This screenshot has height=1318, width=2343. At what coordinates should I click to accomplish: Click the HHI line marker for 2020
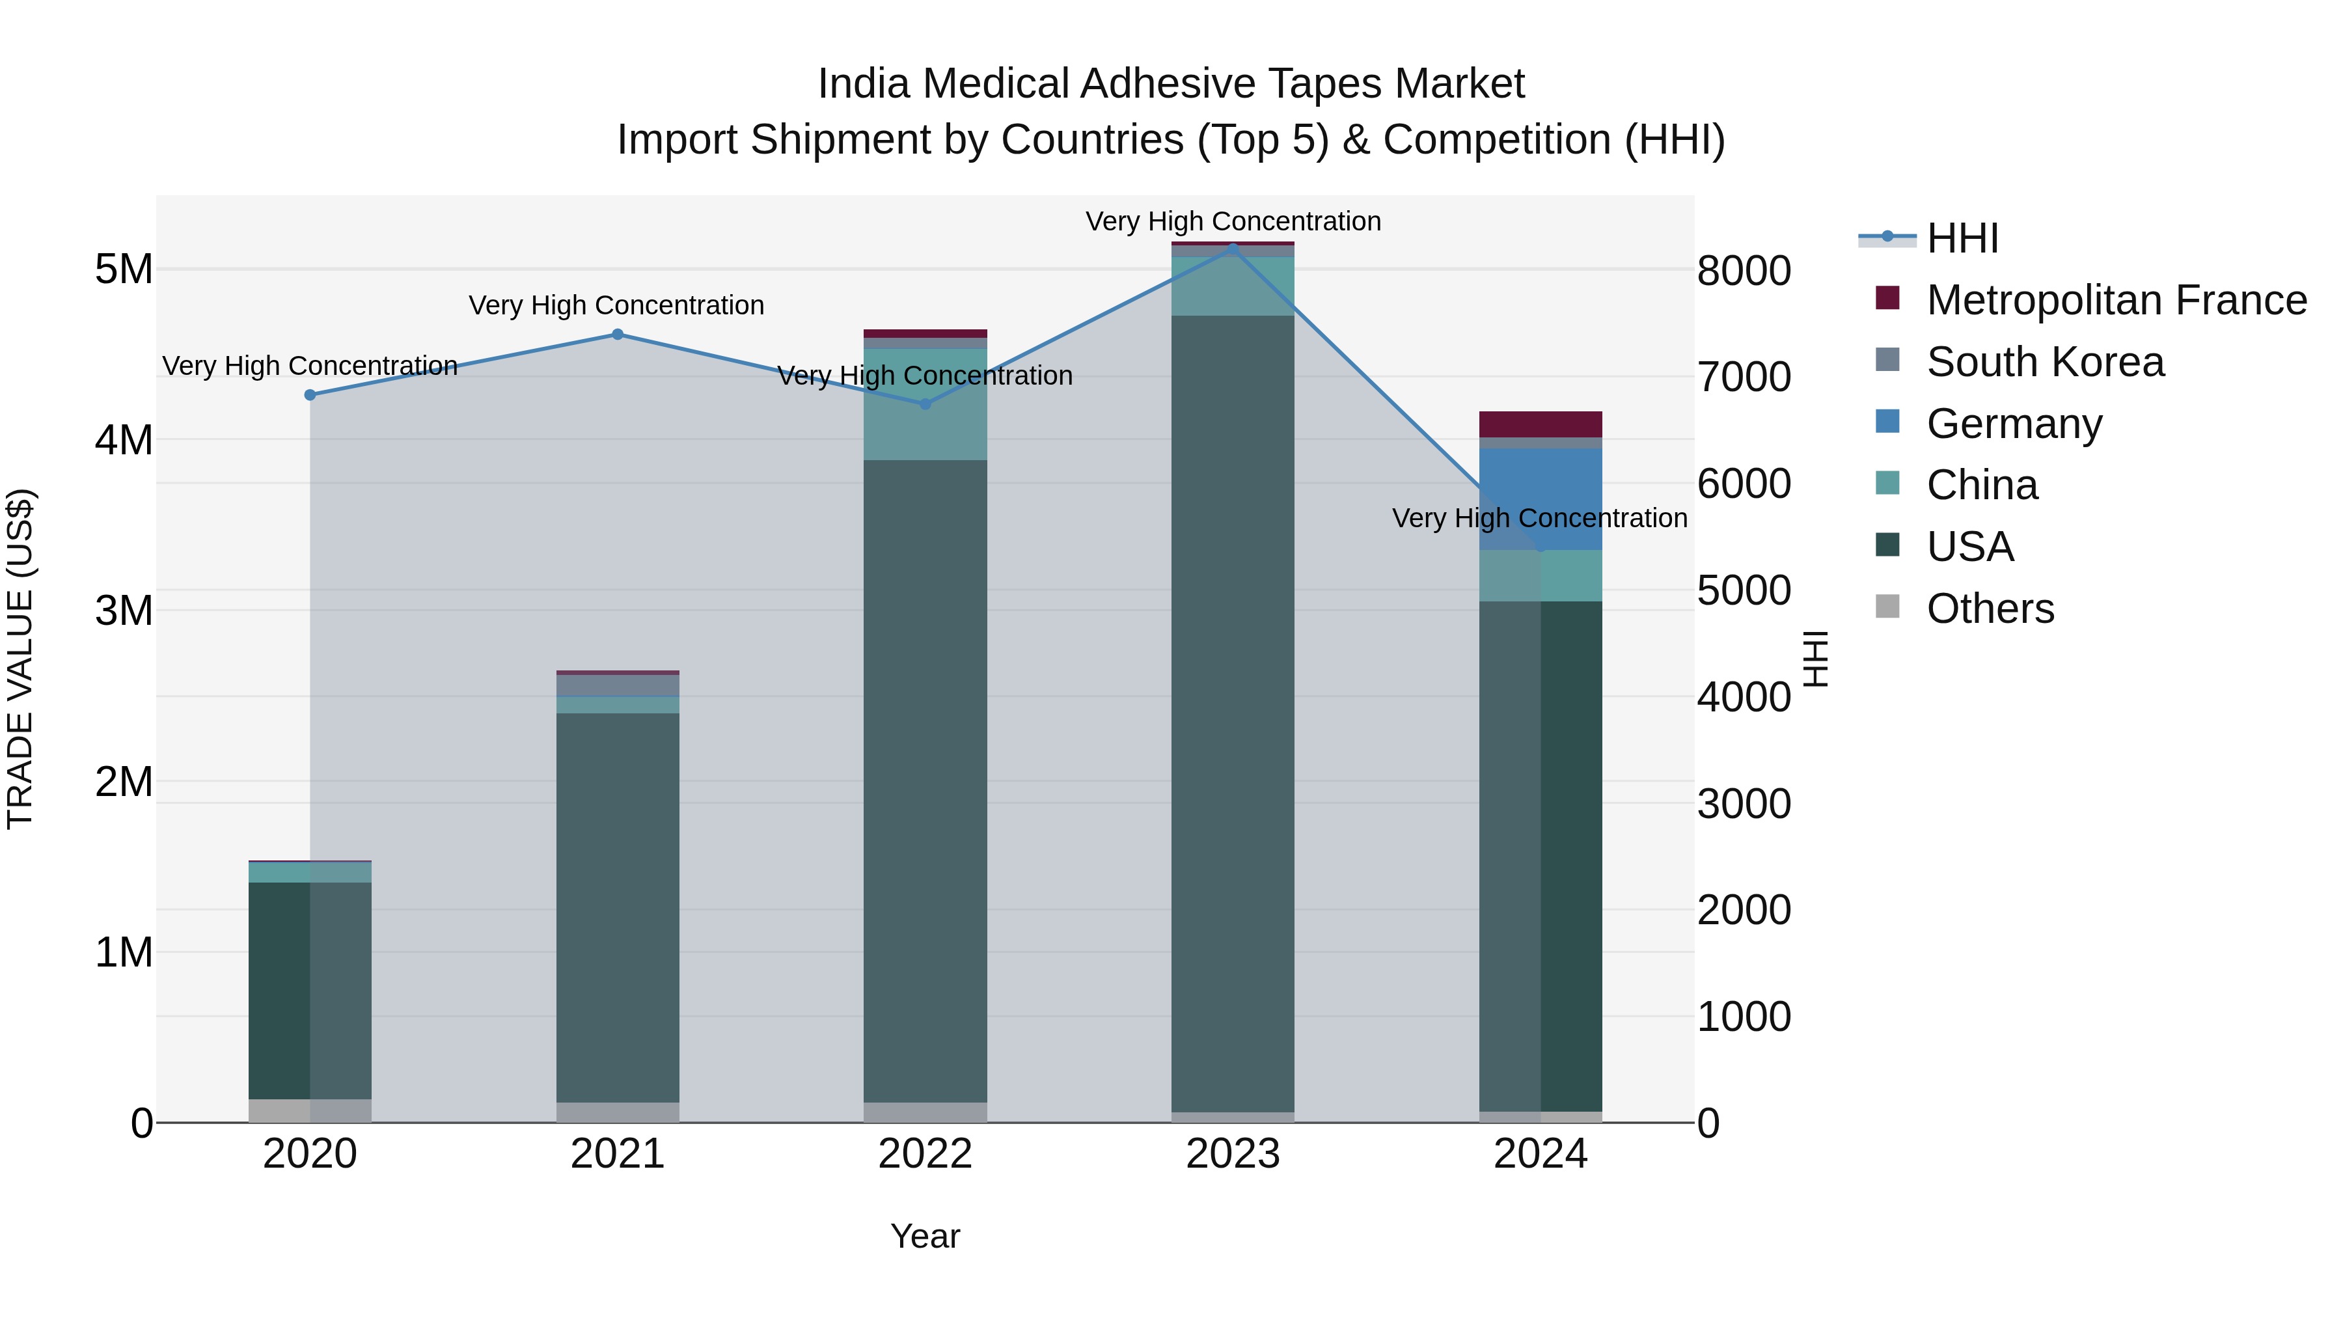(x=310, y=395)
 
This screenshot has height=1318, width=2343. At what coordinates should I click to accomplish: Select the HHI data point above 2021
(x=618, y=334)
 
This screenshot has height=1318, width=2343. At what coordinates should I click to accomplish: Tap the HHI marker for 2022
(x=926, y=404)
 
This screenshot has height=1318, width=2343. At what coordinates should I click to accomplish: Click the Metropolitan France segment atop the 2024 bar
(x=1541, y=424)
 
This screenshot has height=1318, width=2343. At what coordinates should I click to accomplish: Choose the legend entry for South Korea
(x=2045, y=362)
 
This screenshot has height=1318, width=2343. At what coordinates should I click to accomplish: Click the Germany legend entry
(x=2014, y=424)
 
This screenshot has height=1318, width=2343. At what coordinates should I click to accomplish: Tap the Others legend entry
(x=1990, y=609)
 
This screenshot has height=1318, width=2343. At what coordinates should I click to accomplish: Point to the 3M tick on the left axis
(x=124, y=611)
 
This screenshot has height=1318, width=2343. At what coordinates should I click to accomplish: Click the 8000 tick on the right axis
(x=1744, y=271)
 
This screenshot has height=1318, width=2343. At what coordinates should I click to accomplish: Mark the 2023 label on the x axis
(x=1233, y=1154)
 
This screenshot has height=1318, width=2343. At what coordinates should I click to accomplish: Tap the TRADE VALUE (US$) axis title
(x=20, y=659)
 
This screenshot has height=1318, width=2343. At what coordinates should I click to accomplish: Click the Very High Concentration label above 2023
(x=1233, y=221)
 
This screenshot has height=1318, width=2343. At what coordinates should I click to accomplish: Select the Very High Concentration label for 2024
(x=1539, y=519)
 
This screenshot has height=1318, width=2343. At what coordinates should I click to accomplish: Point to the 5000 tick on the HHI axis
(x=1744, y=590)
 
